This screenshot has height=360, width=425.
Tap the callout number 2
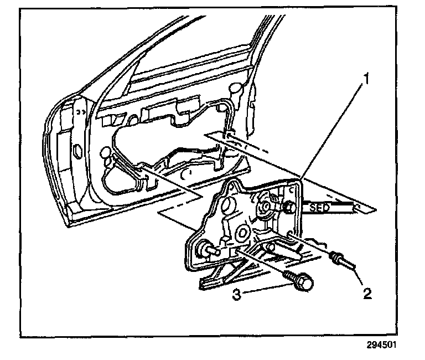click(x=366, y=291)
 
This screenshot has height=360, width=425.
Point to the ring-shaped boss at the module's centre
click(x=242, y=233)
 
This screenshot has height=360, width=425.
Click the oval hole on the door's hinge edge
click(x=77, y=149)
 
